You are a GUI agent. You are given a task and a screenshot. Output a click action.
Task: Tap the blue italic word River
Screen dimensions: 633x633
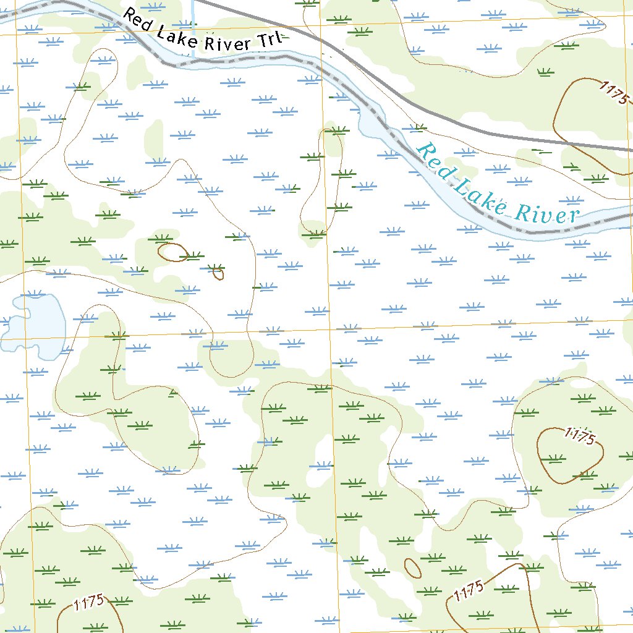548,215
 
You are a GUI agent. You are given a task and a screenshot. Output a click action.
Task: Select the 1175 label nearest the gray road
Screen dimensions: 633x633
613,92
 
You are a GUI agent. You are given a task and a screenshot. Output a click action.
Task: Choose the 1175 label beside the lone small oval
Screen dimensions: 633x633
468,593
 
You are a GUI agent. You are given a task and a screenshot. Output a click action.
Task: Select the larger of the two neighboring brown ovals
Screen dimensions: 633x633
173,252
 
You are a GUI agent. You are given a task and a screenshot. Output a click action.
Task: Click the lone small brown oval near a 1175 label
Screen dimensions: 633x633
412,567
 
